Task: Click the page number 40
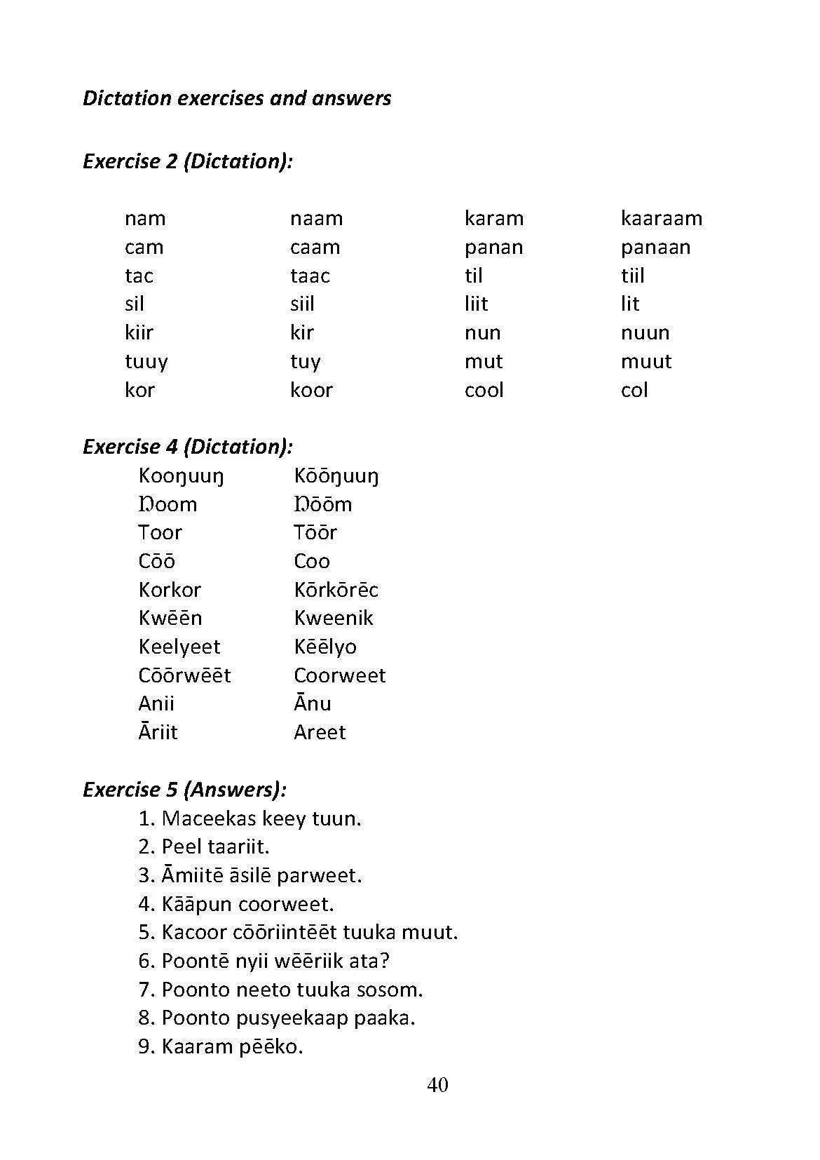437,1085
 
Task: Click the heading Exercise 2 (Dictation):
187,161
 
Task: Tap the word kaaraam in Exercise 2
661,219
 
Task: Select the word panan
493,248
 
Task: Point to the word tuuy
146,362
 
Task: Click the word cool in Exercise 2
484,390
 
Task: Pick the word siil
302,304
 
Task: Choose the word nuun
645,333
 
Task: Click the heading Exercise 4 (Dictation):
187,447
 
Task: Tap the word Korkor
170,590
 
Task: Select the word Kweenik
334,618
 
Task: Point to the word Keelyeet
179,647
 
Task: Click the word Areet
320,732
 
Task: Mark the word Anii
156,703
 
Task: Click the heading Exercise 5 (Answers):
184,790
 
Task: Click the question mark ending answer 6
385,961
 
